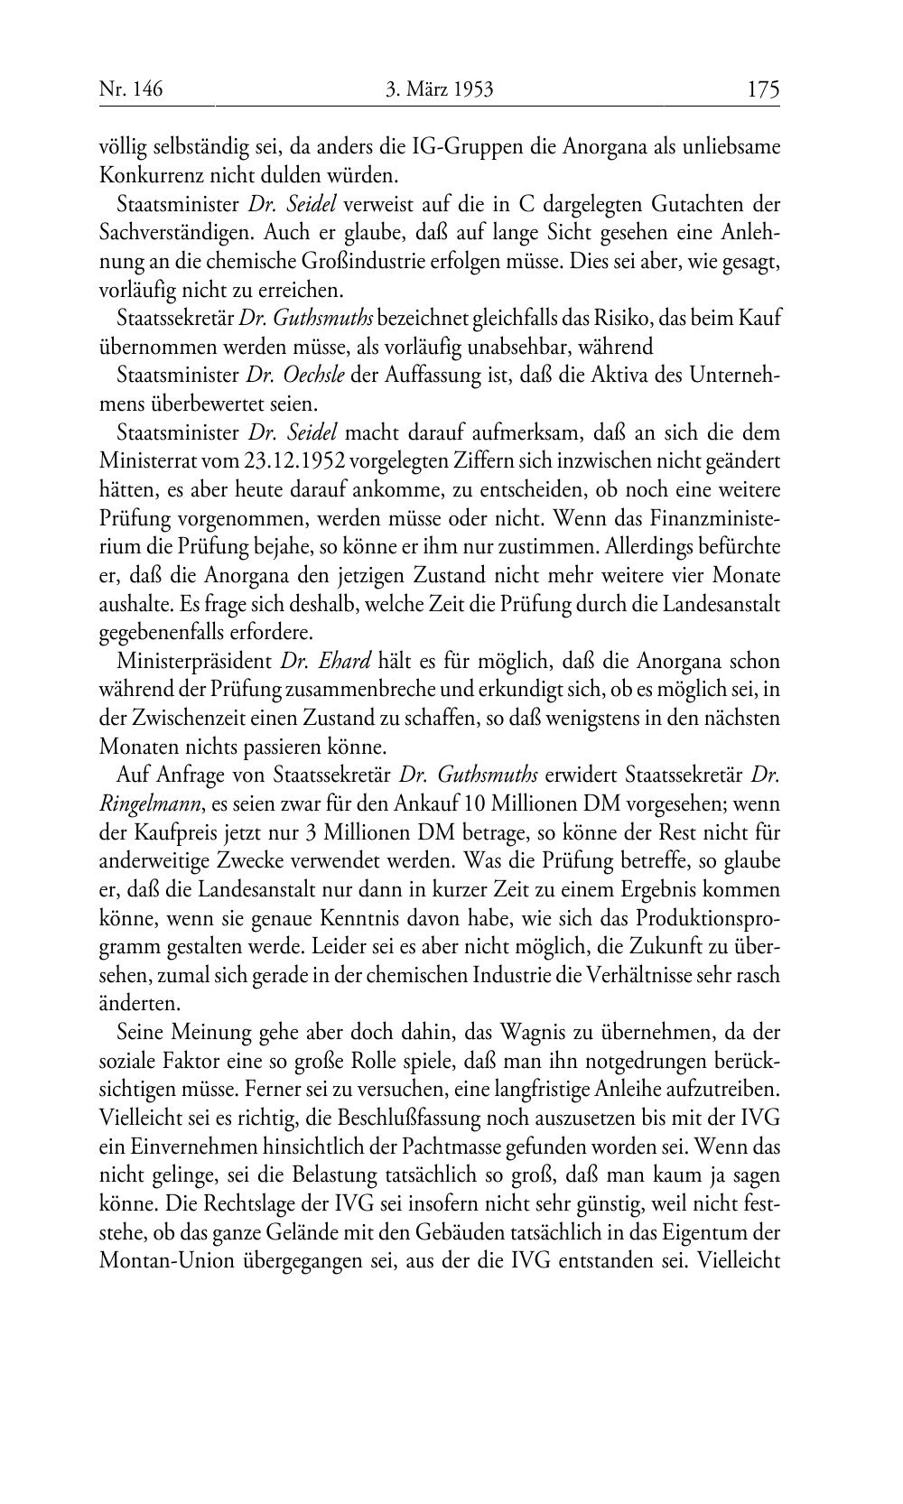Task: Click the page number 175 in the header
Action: point(762,88)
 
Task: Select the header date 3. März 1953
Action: point(440,88)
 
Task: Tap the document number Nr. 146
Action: point(132,88)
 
